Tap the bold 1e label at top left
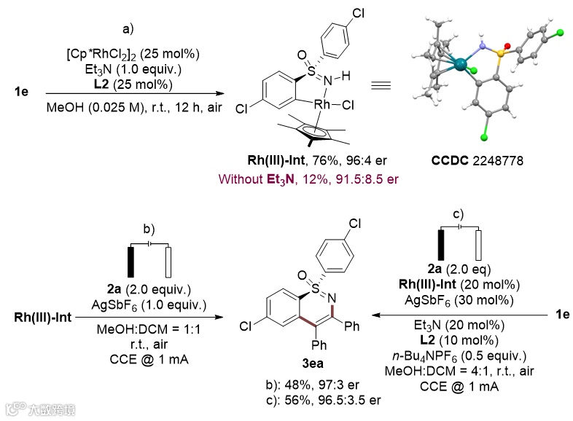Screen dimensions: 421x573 (21, 93)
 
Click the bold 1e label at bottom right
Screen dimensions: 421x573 (561, 315)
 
